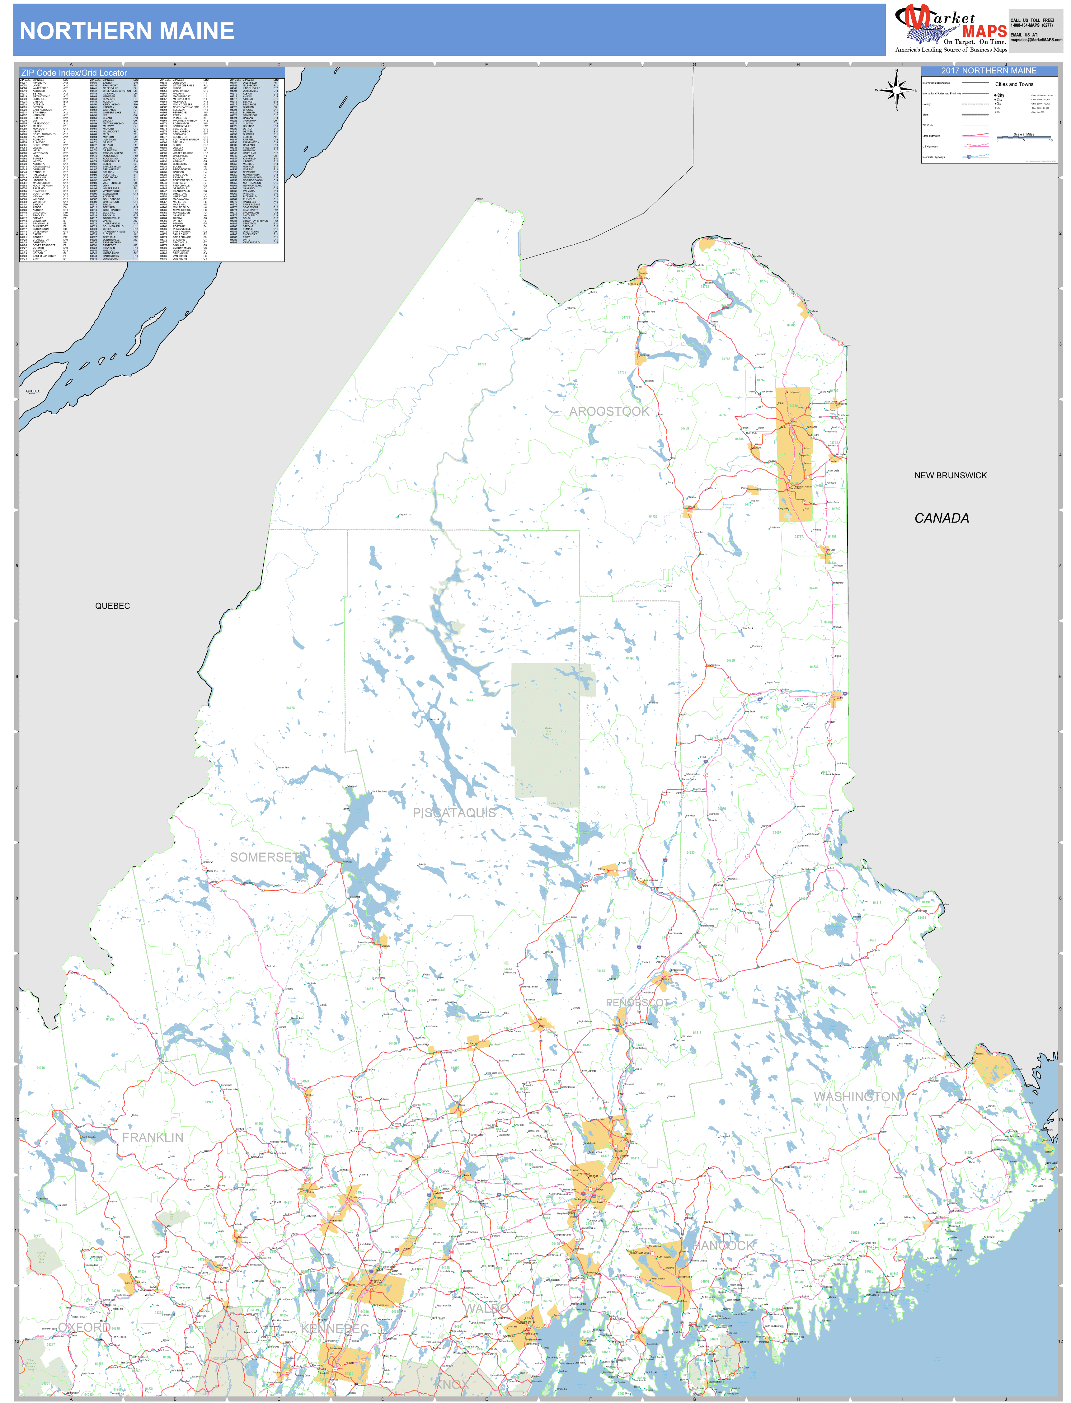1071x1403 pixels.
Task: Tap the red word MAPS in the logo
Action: pos(984,31)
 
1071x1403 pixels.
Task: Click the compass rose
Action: pos(896,90)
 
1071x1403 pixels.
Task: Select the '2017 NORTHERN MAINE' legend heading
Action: pos(989,71)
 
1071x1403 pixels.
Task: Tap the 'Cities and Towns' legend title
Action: pos(1014,84)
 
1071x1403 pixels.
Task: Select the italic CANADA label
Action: pos(942,518)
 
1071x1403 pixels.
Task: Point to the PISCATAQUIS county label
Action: pos(454,813)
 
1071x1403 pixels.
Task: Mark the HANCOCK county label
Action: pos(725,1246)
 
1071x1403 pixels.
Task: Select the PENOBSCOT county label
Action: pos(637,1003)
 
